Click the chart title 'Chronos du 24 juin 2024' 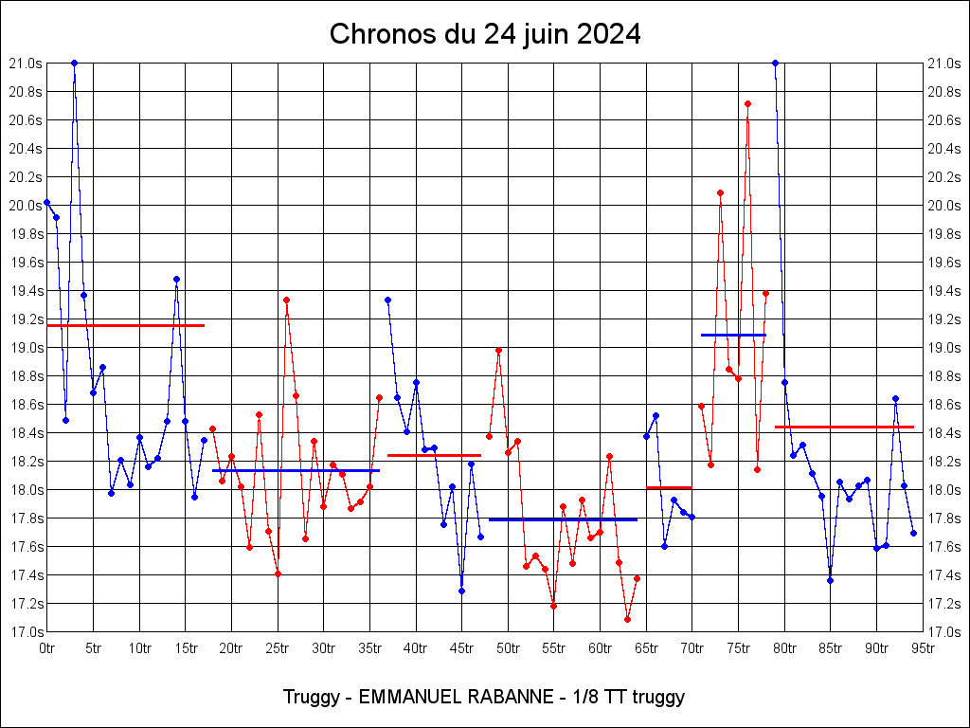(485, 35)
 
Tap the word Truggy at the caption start (310, 697)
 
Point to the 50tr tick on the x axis (508, 648)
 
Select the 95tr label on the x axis (923, 648)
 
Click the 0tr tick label (47, 648)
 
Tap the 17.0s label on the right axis (943, 632)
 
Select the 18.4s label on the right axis (943, 433)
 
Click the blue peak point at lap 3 (74, 64)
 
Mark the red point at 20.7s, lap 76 (747, 103)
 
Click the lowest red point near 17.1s (627, 619)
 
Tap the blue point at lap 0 (46, 203)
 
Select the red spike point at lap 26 (286, 300)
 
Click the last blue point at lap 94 (913, 533)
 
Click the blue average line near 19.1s (733, 335)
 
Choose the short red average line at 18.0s (669, 487)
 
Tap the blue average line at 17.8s (563, 519)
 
